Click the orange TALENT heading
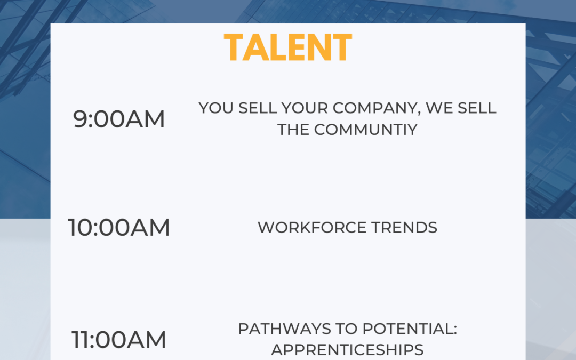coord(288,47)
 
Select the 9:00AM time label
coord(118,119)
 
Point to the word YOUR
coord(305,108)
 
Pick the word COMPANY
coord(377,108)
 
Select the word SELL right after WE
coord(477,108)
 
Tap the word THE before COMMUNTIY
coord(293,130)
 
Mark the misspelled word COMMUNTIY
coord(366,130)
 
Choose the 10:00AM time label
coord(118,227)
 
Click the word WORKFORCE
coord(312,228)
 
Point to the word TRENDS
coord(404,228)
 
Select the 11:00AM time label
coord(118,339)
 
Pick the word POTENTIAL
coord(410,329)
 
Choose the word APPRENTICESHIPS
coord(347,350)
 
